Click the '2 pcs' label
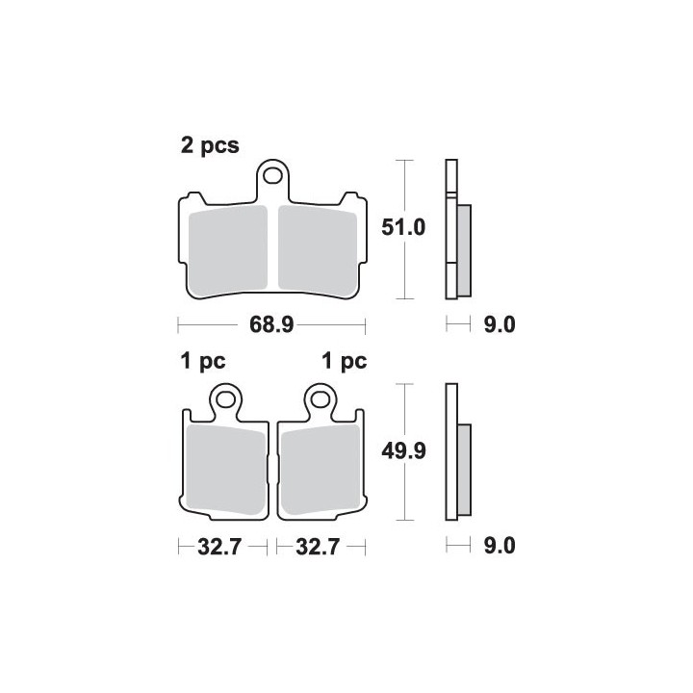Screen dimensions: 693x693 pos(210,145)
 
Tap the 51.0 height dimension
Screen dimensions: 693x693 pos(403,227)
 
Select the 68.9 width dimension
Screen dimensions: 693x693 pos(271,325)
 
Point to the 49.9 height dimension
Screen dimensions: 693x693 pos(403,451)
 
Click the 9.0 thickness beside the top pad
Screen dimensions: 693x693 pos(500,325)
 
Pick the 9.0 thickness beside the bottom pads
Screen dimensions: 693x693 pos(500,546)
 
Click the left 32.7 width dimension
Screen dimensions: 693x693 pos(219,547)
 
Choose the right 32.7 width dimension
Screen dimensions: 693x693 pos(318,547)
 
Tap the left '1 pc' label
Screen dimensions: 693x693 pos(203,362)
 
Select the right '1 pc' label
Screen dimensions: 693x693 pos(345,362)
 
